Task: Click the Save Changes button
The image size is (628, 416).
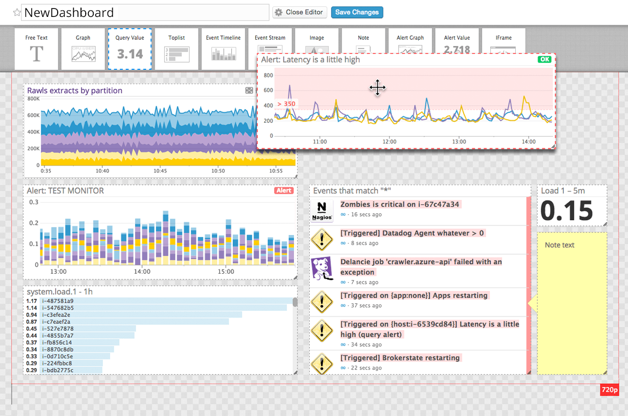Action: pyautogui.click(x=357, y=12)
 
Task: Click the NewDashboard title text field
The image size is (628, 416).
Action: pyautogui.click(x=145, y=12)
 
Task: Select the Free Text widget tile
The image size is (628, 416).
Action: pyautogui.click(x=37, y=49)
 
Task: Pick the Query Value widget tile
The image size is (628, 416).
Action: pyautogui.click(x=130, y=49)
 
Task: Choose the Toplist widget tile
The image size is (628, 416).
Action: pyautogui.click(x=176, y=49)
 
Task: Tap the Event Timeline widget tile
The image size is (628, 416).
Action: pyautogui.click(x=223, y=49)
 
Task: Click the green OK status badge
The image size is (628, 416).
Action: pyautogui.click(x=544, y=59)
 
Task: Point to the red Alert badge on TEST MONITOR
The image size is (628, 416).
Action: pyautogui.click(x=284, y=191)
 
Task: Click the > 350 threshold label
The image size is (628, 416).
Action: pyautogui.click(x=286, y=104)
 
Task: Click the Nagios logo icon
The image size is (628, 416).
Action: pyautogui.click(x=322, y=210)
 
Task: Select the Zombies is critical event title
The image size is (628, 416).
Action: pyautogui.click(x=400, y=204)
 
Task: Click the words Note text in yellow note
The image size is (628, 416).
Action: pyautogui.click(x=559, y=245)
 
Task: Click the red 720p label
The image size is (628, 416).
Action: pyautogui.click(x=609, y=390)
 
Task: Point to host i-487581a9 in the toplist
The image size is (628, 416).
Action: pyautogui.click(x=58, y=301)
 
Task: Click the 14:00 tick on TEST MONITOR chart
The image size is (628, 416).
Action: pyautogui.click(x=142, y=272)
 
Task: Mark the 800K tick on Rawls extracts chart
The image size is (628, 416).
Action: pyautogui.click(x=33, y=98)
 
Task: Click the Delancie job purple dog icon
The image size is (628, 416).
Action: pyautogui.click(x=322, y=267)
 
